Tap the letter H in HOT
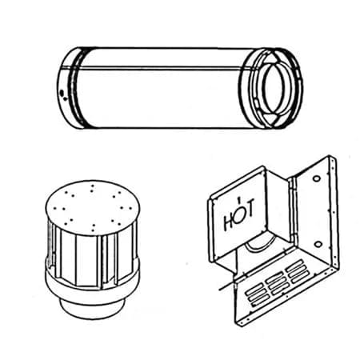(x=230, y=214)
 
